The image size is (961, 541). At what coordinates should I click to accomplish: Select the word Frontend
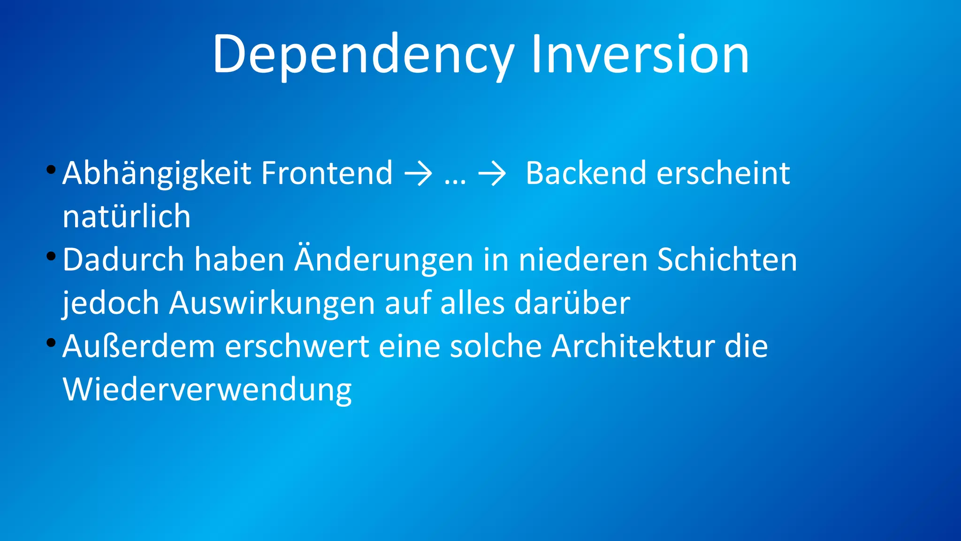tap(327, 173)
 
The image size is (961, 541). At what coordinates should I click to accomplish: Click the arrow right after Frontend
tap(418, 174)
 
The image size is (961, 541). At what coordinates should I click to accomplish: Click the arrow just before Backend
tap(492, 174)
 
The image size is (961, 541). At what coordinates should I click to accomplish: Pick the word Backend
tap(587, 173)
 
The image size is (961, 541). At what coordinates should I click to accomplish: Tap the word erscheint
tap(723, 173)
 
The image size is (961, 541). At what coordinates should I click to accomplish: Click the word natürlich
tap(127, 217)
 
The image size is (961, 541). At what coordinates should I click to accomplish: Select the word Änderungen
tap(384, 260)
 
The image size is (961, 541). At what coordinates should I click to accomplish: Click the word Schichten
tap(727, 260)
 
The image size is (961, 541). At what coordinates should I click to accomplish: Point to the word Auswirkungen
tap(272, 303)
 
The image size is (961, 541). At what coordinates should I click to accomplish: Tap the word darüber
tap(572, 303)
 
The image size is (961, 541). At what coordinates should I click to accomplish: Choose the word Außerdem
tap(139, 347)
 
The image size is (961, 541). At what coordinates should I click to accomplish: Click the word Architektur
tap(633, 347)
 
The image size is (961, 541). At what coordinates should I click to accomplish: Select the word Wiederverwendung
tap(207, 390)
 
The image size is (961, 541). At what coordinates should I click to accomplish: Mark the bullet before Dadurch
tap(51, 256)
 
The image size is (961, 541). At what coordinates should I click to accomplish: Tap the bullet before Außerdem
tap(51, 343)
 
